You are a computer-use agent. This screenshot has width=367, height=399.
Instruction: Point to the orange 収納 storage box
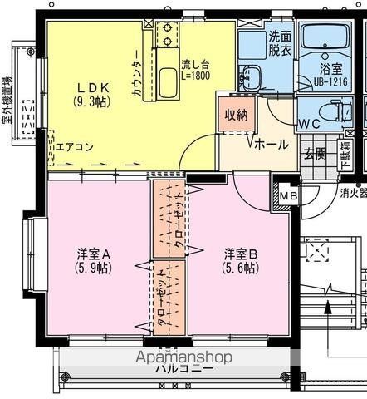(x=235, y=116)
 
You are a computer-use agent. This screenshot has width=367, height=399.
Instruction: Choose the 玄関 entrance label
(x=314, y=153)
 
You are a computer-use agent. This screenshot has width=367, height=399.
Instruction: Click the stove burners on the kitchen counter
(x=165, y=32)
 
